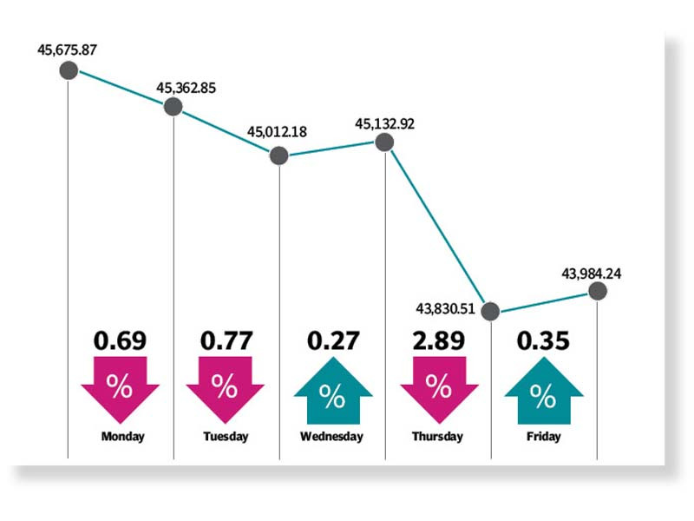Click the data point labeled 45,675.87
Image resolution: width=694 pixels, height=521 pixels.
[68, 70]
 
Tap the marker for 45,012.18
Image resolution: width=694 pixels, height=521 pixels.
[278, 155]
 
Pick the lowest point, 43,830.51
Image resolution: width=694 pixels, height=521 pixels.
[490, 310]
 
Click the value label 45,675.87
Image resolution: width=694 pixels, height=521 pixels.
[67, 49]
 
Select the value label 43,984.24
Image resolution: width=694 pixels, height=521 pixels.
[592, 274]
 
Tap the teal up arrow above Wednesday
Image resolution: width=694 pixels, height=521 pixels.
[332, 391]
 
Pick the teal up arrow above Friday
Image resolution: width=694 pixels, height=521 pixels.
[544, 391]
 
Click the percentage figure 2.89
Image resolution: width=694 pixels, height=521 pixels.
[438, 340]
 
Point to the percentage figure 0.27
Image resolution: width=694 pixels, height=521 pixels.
[332, 340]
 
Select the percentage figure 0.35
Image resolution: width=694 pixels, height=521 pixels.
[544, 340]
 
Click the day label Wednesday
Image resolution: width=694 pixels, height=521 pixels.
[332, 437]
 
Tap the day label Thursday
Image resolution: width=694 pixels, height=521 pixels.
[437, 437]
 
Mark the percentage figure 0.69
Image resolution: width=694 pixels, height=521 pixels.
[120, 340]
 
